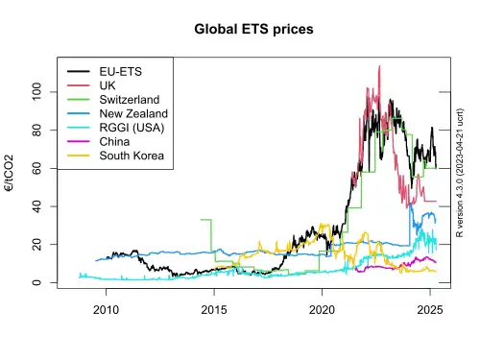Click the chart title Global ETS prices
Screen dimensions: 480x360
[x=253, y=29]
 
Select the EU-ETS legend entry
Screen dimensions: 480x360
[x=121, y=72]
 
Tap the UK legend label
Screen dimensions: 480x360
[x=108, y=85]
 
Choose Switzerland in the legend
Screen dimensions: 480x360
[x=130, y=100]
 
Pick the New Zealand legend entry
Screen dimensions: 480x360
[x=133, y=113]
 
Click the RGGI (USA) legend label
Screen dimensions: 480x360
[x=132, y=128]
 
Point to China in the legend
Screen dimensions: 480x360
[x=114, y=141]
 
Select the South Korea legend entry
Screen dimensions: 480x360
[x=132, y=156]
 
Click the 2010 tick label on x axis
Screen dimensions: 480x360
[x=106, y=310]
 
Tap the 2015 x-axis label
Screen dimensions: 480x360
[x=214, y=310]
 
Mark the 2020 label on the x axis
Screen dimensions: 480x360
[x=322, y=310]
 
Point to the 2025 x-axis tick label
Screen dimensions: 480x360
[x=430, y=310]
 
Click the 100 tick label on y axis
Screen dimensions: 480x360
[x=36, y=92]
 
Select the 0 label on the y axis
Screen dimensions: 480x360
[x=36, y=282]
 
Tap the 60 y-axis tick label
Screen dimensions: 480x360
[x=36, y=168]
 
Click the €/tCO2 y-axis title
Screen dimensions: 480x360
[x=10, y=173]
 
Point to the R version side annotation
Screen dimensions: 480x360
[x=460, y=173]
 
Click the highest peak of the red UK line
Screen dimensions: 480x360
[x=379, y=66]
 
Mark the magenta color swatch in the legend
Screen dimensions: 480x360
[x=79, y=141]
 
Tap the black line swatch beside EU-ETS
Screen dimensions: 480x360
[x=79, y=72]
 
